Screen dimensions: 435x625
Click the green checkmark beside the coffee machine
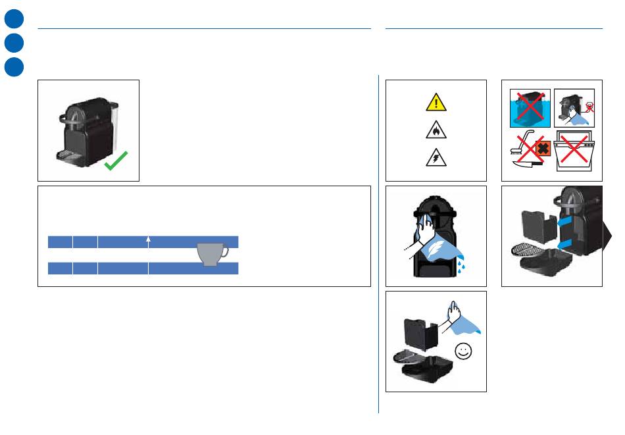(116, 160)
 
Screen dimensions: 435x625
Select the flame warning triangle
(436, 131)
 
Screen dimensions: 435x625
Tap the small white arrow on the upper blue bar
(149, 240)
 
